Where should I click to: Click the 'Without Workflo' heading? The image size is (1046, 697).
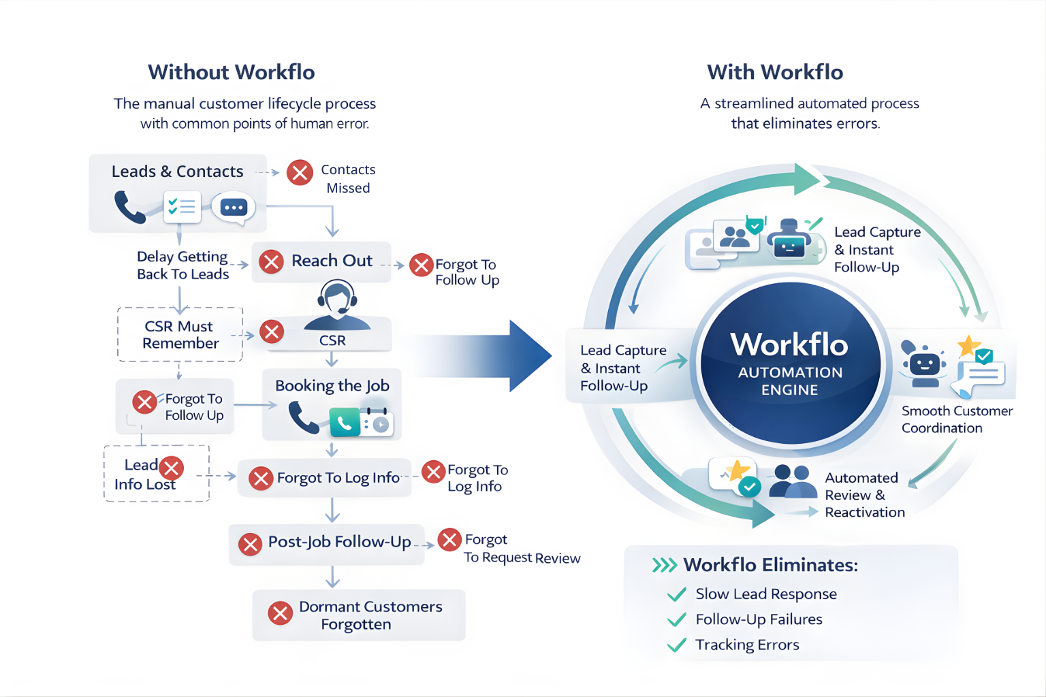231,72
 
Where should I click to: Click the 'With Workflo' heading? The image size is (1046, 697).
775,72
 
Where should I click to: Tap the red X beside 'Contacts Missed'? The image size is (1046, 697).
300,173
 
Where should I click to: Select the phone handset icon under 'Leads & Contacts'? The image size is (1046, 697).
129,207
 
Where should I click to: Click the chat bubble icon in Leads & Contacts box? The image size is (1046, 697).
234,208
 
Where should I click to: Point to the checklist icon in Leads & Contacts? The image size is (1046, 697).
182,207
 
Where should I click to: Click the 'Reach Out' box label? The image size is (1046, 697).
332,261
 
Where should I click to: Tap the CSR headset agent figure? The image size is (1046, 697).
337,306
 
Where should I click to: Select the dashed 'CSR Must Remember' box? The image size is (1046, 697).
180,334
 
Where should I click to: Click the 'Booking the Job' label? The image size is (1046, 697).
332,385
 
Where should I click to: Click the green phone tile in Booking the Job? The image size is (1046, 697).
345,423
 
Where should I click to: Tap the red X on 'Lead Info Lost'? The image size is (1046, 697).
171,468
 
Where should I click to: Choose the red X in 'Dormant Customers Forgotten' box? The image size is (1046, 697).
280,613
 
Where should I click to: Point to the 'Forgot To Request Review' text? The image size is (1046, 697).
521,549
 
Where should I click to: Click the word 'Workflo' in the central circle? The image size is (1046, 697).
789,344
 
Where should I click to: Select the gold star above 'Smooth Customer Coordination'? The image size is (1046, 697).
968,346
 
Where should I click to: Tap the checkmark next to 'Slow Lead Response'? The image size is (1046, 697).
677,595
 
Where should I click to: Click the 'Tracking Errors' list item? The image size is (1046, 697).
746,645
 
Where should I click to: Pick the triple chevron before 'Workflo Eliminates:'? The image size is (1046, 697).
664,566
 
